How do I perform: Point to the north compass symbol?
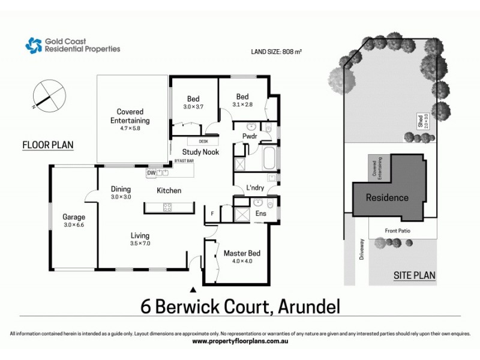point(48,95)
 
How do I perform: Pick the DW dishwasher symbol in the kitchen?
point(151,173)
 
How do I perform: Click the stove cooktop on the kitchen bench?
point(167,208)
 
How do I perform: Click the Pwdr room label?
point(250,136)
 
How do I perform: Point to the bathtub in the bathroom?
point(269,159)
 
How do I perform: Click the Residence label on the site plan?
point(387,197)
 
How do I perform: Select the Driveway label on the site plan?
point(361,249)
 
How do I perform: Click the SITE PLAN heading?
point(414,276)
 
